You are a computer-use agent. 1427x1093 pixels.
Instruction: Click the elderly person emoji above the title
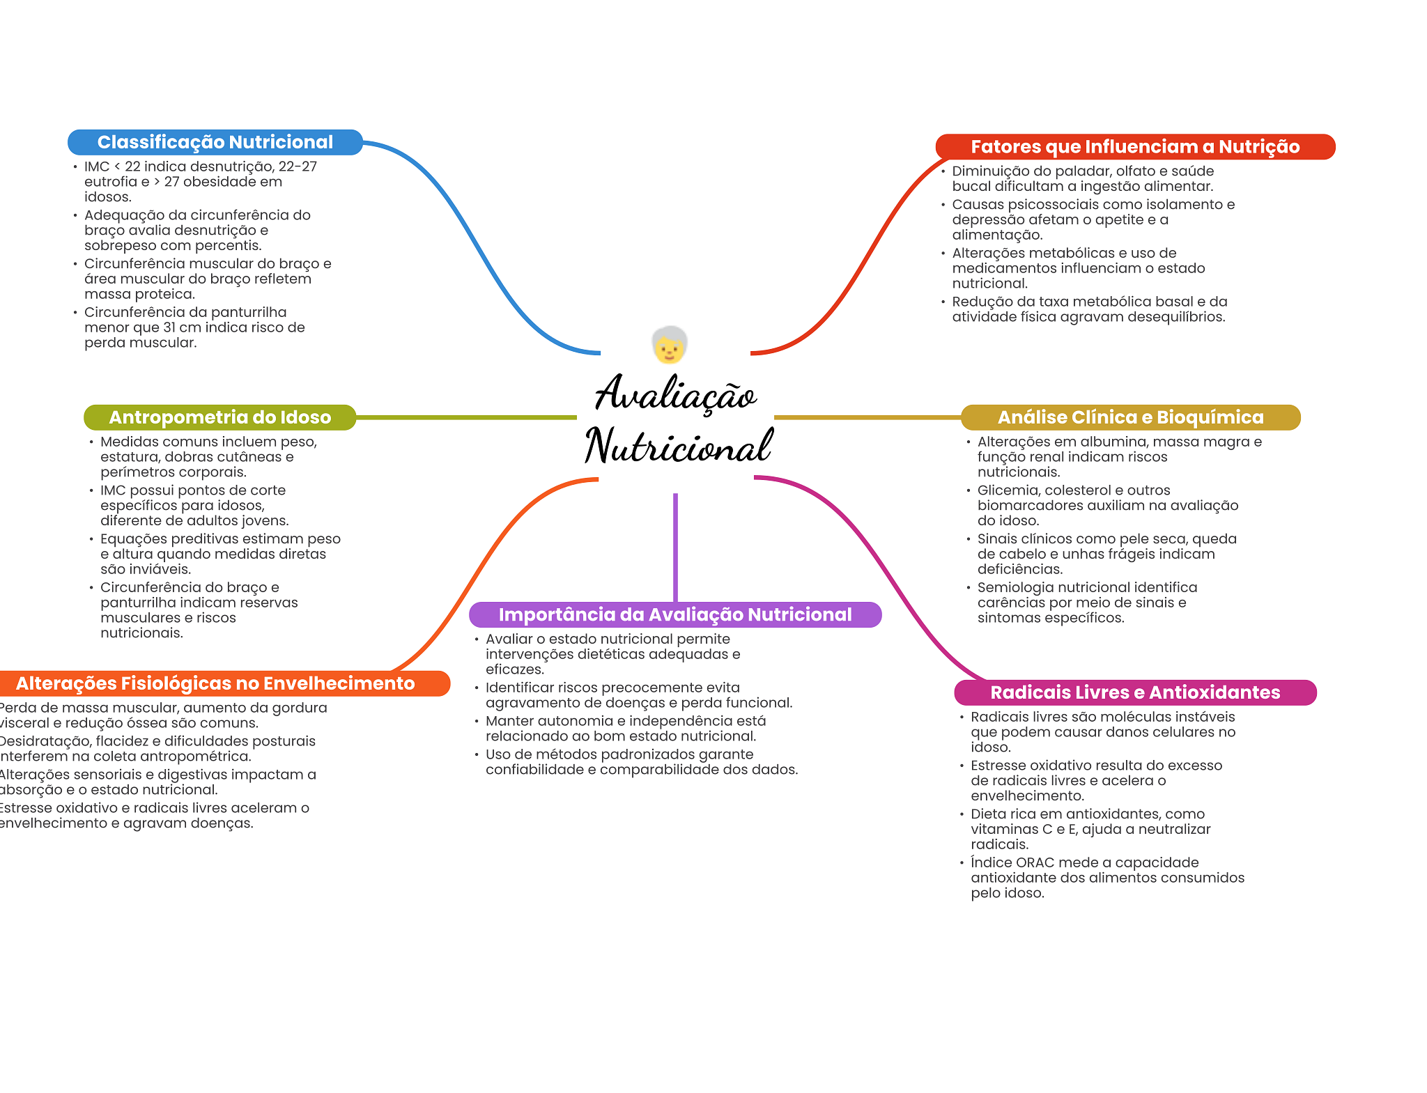pos(670,345)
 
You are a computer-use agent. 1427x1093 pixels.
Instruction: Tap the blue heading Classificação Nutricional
pos(215,142)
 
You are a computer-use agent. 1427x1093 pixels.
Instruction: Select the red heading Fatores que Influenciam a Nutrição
pos(1135,147)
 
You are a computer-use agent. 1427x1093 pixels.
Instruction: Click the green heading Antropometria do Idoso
pos(219,417)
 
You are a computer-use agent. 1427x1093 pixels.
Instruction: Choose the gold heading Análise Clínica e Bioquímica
pos(1130,417)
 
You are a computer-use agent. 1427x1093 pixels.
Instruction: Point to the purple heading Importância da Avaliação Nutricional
pos(675,614)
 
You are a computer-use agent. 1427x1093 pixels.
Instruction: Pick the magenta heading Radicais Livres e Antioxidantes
pos(1135,692)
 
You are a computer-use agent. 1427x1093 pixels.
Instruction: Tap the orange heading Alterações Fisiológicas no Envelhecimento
pos(215,683)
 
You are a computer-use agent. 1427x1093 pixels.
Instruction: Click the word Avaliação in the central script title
pos(675,394)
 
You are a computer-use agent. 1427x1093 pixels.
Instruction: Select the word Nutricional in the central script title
pos(679,446)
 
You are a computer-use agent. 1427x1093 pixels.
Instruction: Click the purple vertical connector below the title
pos(675,548)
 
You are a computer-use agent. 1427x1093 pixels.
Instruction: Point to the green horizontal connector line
pos(466,417)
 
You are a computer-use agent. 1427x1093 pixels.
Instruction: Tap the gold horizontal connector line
pos(867,417)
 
